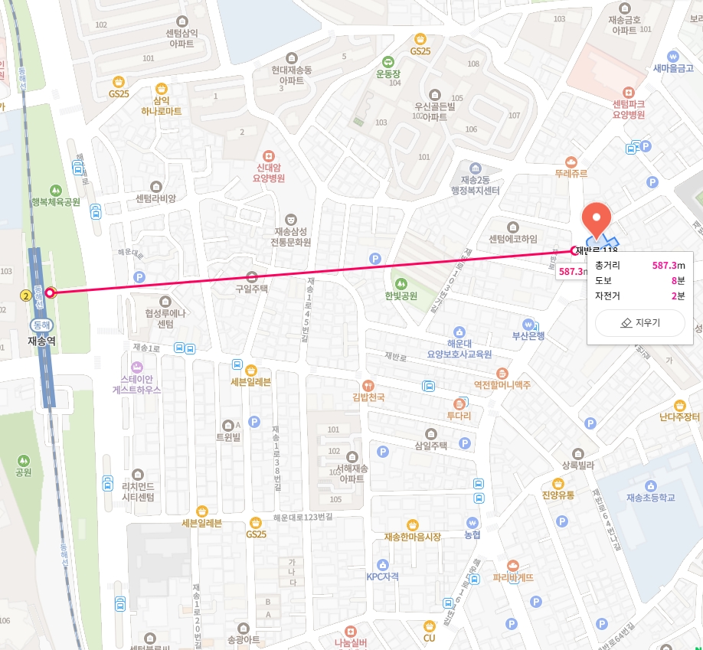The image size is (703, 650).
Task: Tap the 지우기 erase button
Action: click(x=640, y=323)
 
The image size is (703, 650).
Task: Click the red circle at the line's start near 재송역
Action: click(x=50, y=292)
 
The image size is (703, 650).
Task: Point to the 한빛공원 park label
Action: click(x=401, y=295)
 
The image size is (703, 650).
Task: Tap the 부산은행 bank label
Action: click(x=528, y=335)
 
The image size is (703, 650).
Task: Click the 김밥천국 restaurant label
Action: click(x=368, y=397)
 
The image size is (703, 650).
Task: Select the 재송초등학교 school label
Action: click(x=651, y=498)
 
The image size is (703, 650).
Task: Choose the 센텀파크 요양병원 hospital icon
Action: click(x=629, y=92)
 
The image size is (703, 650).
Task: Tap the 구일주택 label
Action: click(x=252, y=289)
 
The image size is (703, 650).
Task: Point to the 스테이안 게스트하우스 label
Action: click(x=136, y=384)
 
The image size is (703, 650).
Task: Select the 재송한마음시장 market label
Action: click(x=413, y=537)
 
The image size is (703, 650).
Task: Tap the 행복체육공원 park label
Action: click(x=56, y=202)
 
